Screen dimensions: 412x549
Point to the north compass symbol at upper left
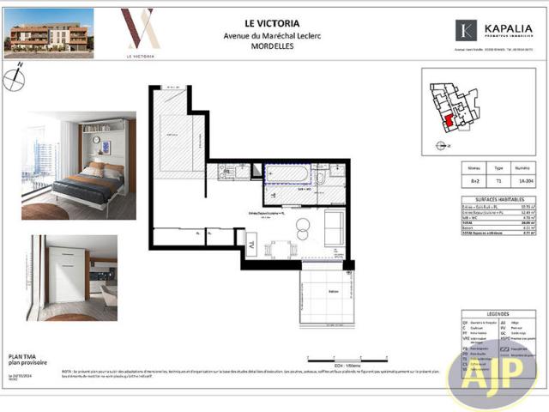pos(13,80)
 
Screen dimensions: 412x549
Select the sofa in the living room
pos(334,226)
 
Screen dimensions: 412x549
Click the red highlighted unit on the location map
pos(446,123)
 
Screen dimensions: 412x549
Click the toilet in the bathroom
pos(320,179)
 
